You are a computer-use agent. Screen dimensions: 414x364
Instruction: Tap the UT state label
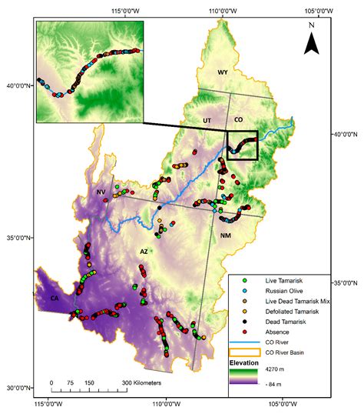pyautogui.click(x=207, y=121)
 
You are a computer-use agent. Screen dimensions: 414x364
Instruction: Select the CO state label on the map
pyautogui.click(x=238, y=121)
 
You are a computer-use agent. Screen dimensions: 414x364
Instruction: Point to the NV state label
pyautogui.click(x=101, y=192)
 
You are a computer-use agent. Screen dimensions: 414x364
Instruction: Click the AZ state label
pyautogui.click(x=144, y=251)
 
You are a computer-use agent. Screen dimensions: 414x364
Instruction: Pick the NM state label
pyautogui.click(x=225, y=235)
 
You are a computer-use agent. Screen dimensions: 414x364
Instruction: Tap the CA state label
pyautogui.click(x=55, y=298)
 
